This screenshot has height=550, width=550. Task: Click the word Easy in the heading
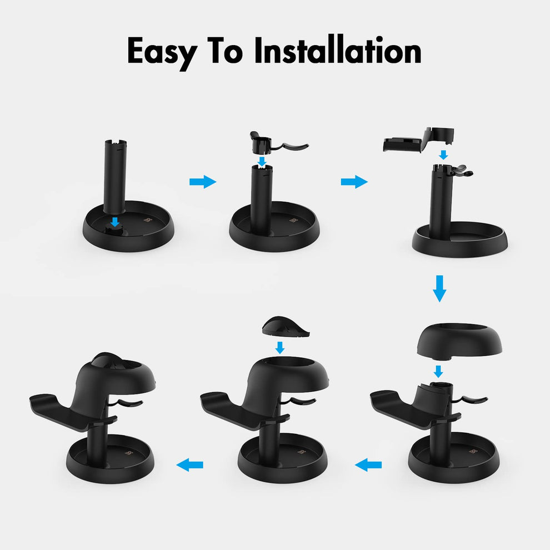click(162, 52)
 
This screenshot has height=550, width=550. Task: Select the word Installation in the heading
click(337, 52)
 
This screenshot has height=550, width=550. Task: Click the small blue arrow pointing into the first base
click(115, 222)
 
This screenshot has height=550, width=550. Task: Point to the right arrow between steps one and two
click(203, 182)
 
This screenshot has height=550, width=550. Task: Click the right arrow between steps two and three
click(354, 182)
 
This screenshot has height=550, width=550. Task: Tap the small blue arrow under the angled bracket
click(443, 154)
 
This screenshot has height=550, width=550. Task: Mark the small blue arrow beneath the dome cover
click(438, 371)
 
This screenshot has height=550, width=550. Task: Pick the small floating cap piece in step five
click(285, 327)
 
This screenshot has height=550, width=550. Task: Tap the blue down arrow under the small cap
click(281, 348)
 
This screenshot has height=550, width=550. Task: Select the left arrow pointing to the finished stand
click(190, 464)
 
